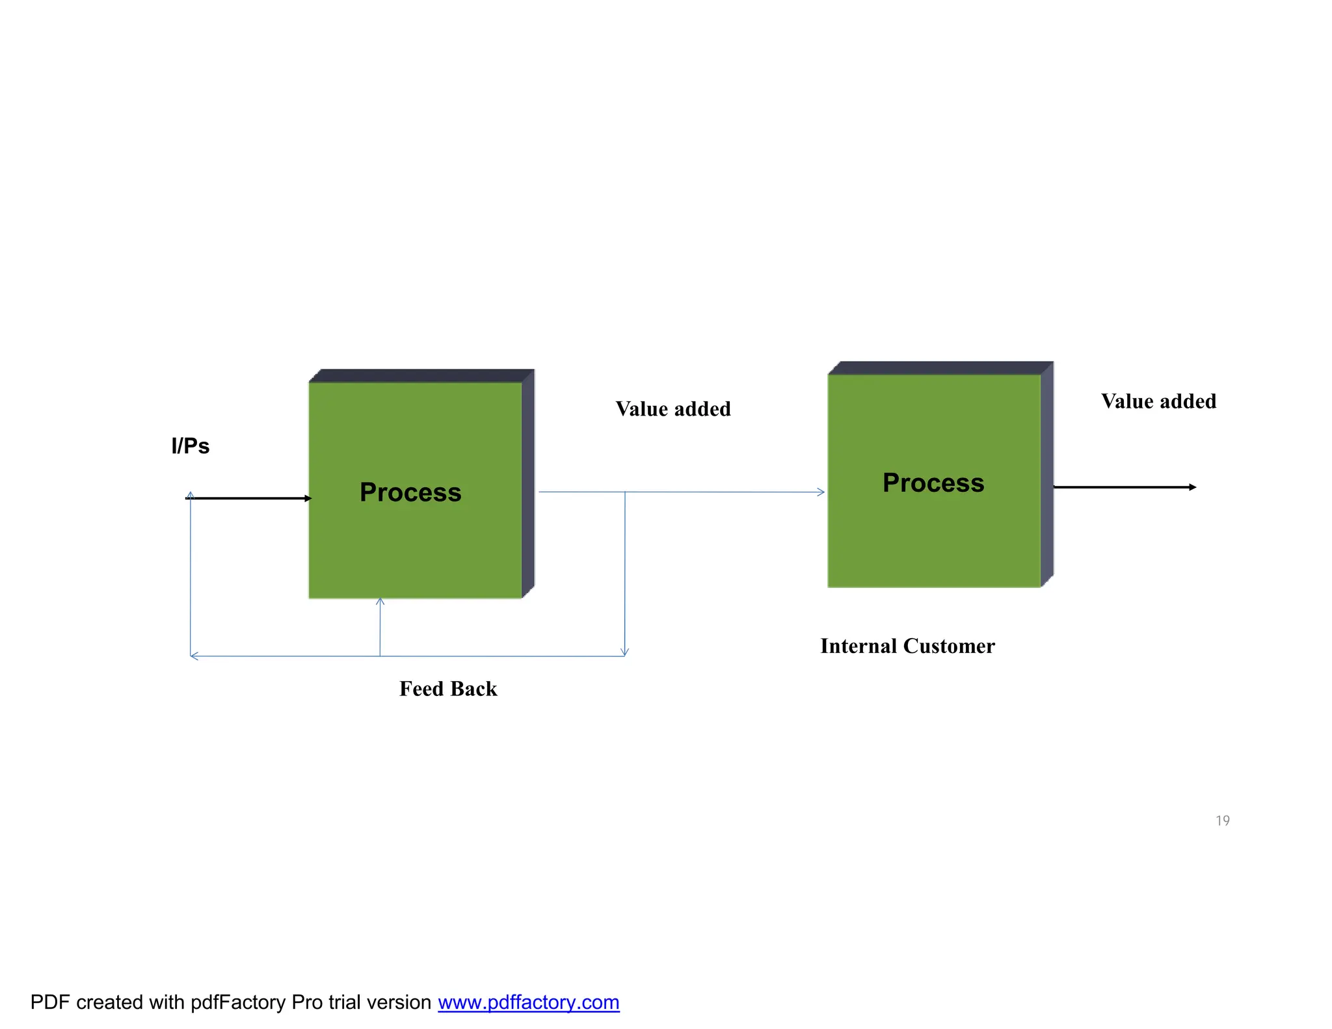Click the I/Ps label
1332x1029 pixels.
190,446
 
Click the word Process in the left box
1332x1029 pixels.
410,492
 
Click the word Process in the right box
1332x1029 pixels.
933,483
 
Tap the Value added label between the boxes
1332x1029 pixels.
673,409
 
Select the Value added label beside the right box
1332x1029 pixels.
1158,401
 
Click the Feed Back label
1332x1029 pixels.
448,689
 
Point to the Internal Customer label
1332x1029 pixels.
907,646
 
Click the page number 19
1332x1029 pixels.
1222,821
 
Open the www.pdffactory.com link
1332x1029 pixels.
528,1002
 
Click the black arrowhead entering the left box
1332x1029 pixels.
308,498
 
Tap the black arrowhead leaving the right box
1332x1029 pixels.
1193,487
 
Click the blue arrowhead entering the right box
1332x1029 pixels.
821,492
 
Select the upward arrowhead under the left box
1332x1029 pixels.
380,602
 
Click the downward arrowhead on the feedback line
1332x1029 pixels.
624,652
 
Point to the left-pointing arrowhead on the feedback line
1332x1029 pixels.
193,656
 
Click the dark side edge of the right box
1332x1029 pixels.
1047,475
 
